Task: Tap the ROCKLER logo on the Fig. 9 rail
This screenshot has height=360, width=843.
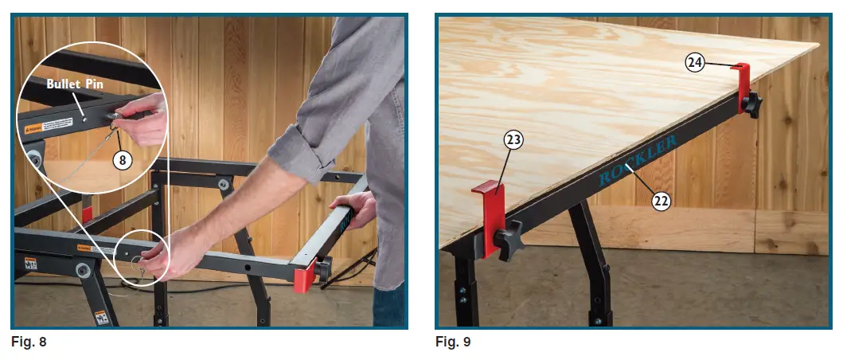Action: (x=638, y=160)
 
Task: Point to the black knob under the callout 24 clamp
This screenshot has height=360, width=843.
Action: (x=752, y=104)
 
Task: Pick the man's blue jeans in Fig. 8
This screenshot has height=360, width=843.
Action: (x=388, y=307)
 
